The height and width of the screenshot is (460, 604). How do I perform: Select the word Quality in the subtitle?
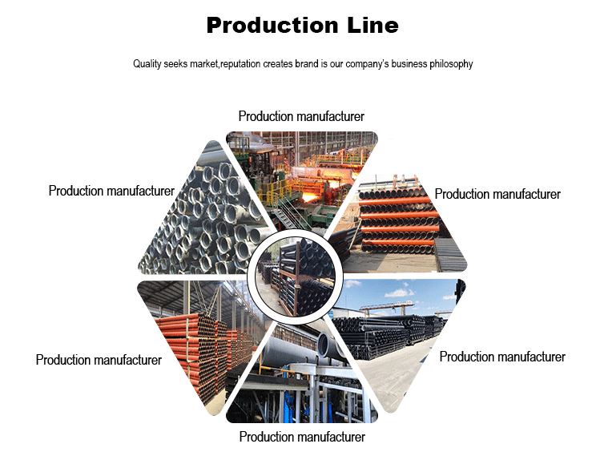148,64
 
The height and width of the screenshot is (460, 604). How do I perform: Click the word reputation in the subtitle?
245,64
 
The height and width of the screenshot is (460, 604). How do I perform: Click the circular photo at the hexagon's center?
296,275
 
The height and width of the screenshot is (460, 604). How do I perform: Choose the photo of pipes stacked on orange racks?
401,220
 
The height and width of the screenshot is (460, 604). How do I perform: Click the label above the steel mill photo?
301,117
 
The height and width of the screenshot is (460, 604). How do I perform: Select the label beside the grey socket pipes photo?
111,191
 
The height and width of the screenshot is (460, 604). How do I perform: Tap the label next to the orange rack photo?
497,194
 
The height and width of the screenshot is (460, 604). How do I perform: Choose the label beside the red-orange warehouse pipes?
99,360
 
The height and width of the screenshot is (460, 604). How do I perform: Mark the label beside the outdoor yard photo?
502,357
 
